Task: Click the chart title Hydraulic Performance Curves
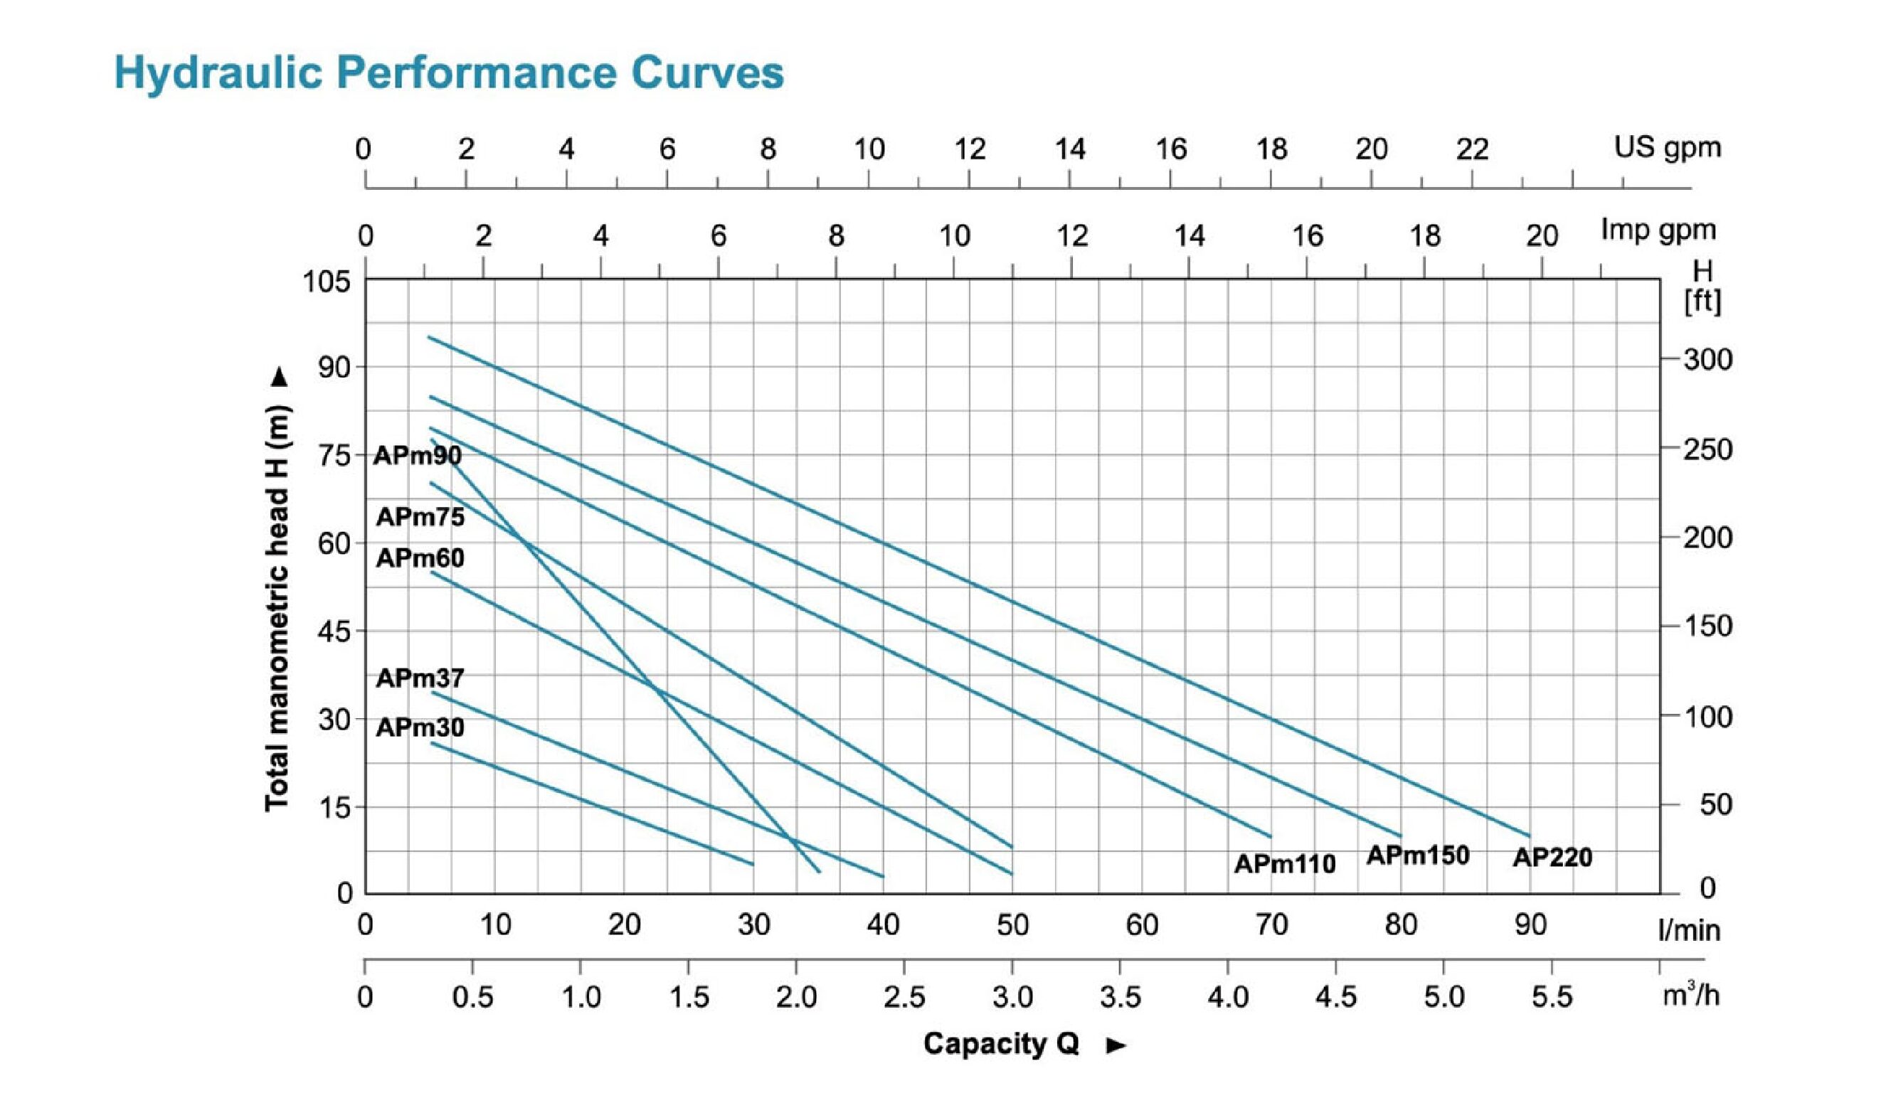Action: pyautogui.click(x=448, y=73)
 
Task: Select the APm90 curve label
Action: pyautogui.click(x=417, y=456)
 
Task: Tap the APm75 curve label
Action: pyautogui.click(x=420, y=517)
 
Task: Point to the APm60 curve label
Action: pyautogui.click(x=420, y=558)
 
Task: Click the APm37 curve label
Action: pyautogui.click(x=420, y=678)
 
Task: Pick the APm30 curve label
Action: pyautogui.click(x=420, y=727)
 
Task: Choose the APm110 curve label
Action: pyautogui.click(x=1284, y=864)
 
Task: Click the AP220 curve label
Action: pyautogui.click(x=1552, y=858)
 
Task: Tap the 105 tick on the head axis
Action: pyautogui.click(x=326, y=282)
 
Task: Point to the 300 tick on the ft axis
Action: pyautogui.click(x=1707, y=360)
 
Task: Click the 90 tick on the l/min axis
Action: pyautogui.click(x=1530, y=925)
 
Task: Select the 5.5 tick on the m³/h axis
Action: pyautogui.click(x=1552, y=998)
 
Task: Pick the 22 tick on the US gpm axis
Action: pyautogui.click(x=1472, y=149)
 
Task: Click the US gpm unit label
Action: pyautogui.click(x=1667, y=147)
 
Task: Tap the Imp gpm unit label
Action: pyautogui.click(x=1658, y=230)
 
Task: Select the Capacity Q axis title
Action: pyautogui.click(x=1000, y=1044)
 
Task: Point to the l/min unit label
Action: pyautogui.click(x=1689, y=931)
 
